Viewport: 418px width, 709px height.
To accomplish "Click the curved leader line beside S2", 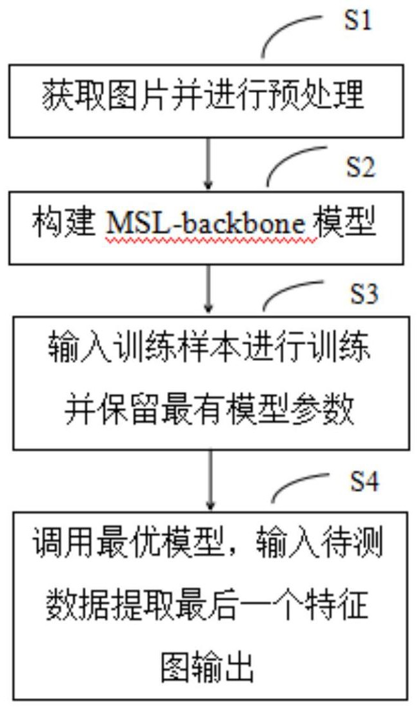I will (x=294, y=164).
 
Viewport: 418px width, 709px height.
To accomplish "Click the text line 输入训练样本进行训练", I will (x=210, y=351).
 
